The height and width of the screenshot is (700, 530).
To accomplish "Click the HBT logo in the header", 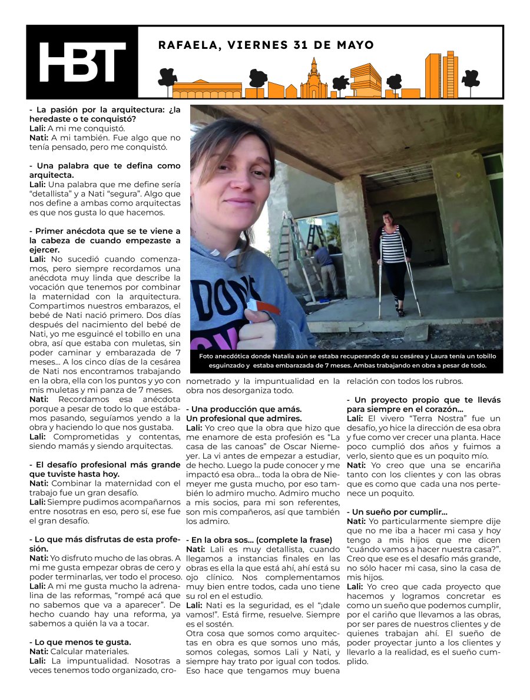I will [x=82, y=62].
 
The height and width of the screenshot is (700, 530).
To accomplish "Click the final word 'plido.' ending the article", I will [x=357, y=661].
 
